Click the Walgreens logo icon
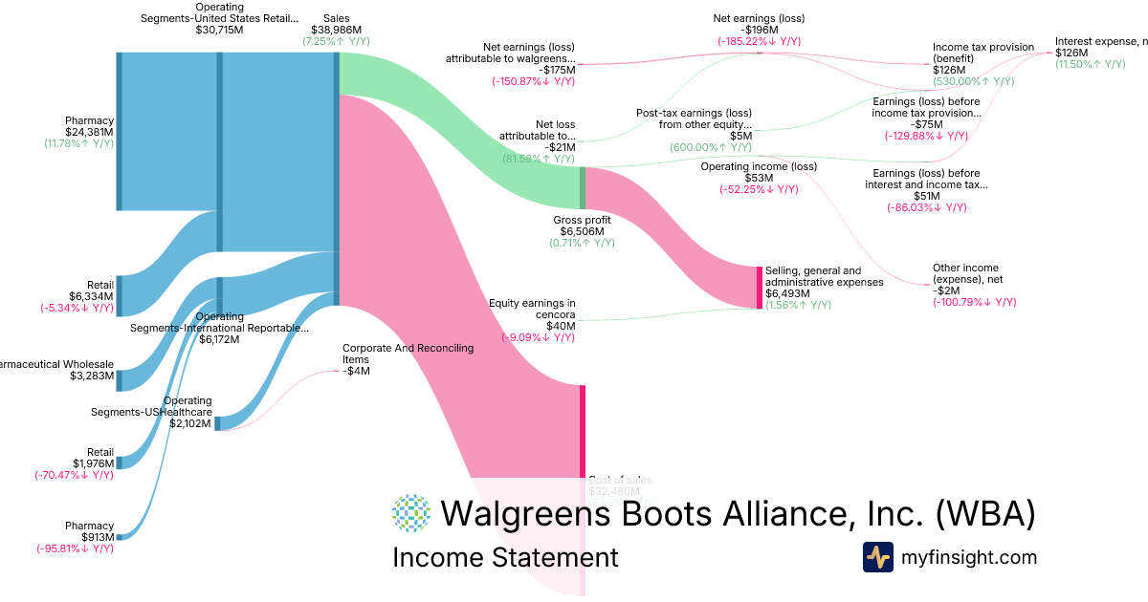(411, 513)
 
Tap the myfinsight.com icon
(878, 557)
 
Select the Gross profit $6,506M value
(582, 231)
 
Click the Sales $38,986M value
(336, 30)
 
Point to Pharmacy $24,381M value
(89, 132)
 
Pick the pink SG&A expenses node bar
(760, 287)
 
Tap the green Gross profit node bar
(582, 187)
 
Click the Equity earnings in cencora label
(532, 310)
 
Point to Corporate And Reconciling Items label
(408, 354)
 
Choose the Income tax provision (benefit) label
(983, 53)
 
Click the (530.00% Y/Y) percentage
(974, 81)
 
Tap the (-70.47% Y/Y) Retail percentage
(74, 475)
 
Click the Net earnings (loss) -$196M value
(759, 30)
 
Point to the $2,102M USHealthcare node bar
(217, 423)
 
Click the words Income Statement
(505, 557)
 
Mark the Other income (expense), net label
(965, 273)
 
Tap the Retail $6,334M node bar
(119, 295)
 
